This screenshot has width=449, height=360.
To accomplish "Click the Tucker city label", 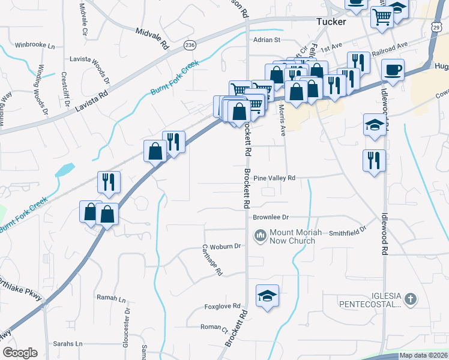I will click(331, 22).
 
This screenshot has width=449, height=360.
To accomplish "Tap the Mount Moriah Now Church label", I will click(292, 237).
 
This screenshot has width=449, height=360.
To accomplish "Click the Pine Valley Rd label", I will click(274, 178).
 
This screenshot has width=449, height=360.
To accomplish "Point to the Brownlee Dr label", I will click(271, 217).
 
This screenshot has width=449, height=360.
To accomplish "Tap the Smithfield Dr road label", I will click(348, 230).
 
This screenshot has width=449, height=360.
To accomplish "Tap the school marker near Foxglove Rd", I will click(268, 296).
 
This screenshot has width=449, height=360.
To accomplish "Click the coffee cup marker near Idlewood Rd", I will click(393, 70).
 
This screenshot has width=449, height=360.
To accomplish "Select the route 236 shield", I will click(190, 45).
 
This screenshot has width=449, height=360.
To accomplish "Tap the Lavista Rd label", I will click(91, 102).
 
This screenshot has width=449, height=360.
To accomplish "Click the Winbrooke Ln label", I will click(35, 45).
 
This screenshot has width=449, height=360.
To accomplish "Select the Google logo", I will click(20, 353).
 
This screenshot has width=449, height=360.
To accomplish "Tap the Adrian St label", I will click(267, 40).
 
